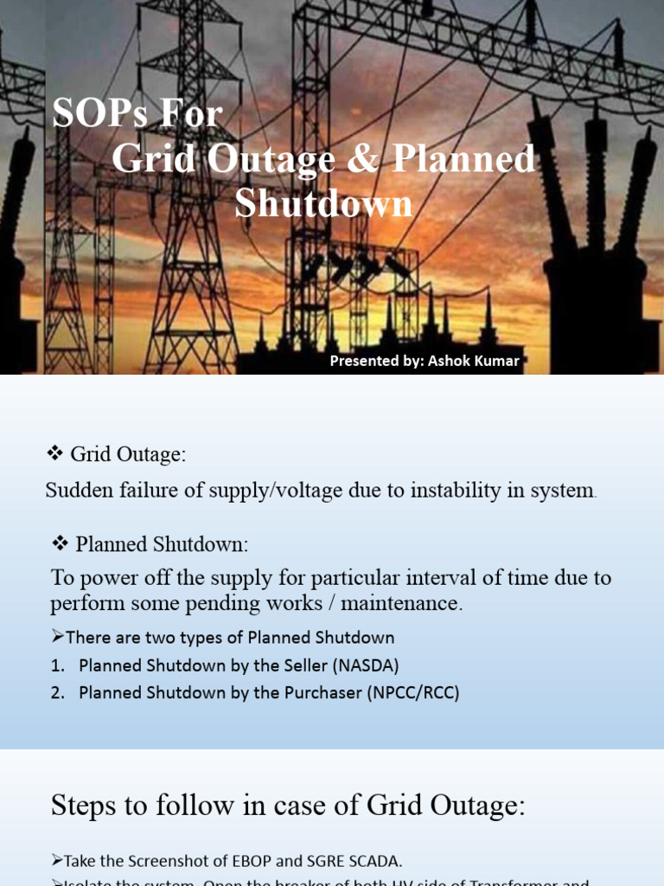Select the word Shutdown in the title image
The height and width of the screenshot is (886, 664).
(323, 204)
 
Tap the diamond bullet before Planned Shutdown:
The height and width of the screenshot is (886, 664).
(60, 543)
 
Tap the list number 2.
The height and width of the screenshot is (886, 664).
(57, 693)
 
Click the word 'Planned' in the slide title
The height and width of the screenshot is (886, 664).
(463, 159)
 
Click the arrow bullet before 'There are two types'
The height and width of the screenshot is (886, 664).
(58, 638)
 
